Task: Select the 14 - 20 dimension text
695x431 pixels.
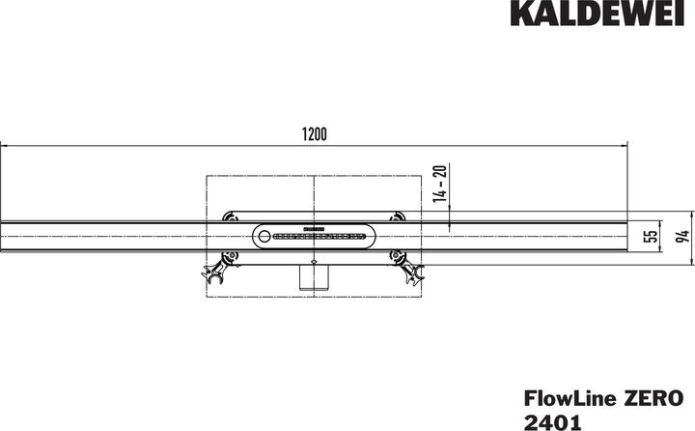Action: [x=440, y=184]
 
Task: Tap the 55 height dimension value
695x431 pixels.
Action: [x=651, y=237]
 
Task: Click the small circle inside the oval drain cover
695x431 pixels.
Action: [x=265, y=235]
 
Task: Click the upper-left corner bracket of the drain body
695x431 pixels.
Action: [x=228, y=216]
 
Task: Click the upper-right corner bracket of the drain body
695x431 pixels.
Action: [x=399, y=216]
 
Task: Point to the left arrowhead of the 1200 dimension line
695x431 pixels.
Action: [x=5, y=146]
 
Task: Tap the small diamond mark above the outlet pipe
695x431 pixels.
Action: [x=314, y=262]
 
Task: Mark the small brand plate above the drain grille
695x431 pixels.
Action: [x=314, y=228]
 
